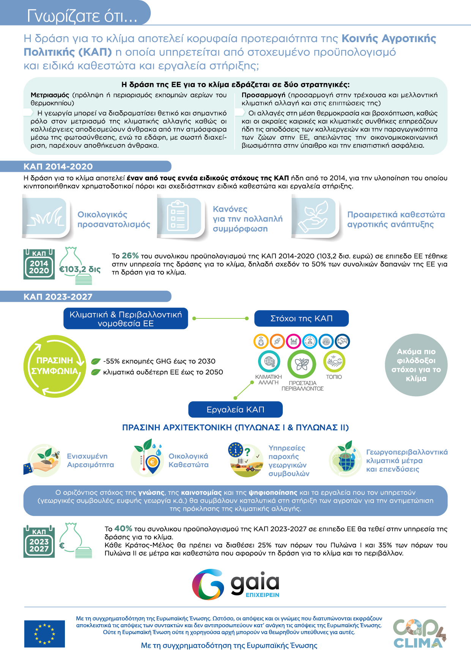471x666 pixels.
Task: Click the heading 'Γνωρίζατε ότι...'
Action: [x=82, y=16]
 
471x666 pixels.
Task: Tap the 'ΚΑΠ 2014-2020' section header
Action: [x=58, y=167]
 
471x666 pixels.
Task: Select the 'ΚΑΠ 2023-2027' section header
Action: [x=58, y=297]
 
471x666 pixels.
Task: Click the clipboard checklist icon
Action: [x=178, y=217]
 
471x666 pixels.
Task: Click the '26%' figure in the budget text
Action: [x=130, y=256]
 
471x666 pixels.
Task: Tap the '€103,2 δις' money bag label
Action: [x=80, y=269]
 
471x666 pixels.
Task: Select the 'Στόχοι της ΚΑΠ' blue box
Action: [x=301, y=318]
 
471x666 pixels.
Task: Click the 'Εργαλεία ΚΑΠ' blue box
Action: [x=235, y=409]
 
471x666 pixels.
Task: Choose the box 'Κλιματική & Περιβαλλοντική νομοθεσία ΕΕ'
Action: [x=126, y=319]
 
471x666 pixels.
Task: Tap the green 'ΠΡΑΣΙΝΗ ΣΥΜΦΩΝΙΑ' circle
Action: [x=55, y=366]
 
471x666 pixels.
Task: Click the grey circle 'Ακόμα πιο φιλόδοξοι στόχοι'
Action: [x=416, y=365]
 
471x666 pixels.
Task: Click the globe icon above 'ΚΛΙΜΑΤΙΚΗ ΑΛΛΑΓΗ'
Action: [x=269, y=361]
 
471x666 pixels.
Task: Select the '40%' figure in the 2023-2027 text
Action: [x=123, y=529]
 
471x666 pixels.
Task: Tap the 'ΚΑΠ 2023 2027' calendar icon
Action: [x=39, y=542]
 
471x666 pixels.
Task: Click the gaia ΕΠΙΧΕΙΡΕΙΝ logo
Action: [x=235, y=584]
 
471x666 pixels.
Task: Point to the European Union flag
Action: [x=44, y=634]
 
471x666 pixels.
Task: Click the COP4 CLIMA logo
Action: [x=419, y=634]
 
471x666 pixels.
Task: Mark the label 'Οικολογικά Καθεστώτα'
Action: [x=189, y=460]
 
